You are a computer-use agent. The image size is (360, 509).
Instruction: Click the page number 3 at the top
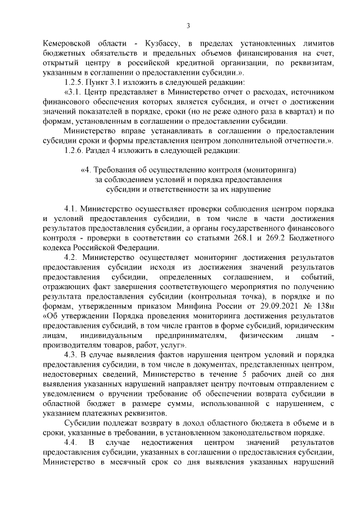click(x=188, y=25)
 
